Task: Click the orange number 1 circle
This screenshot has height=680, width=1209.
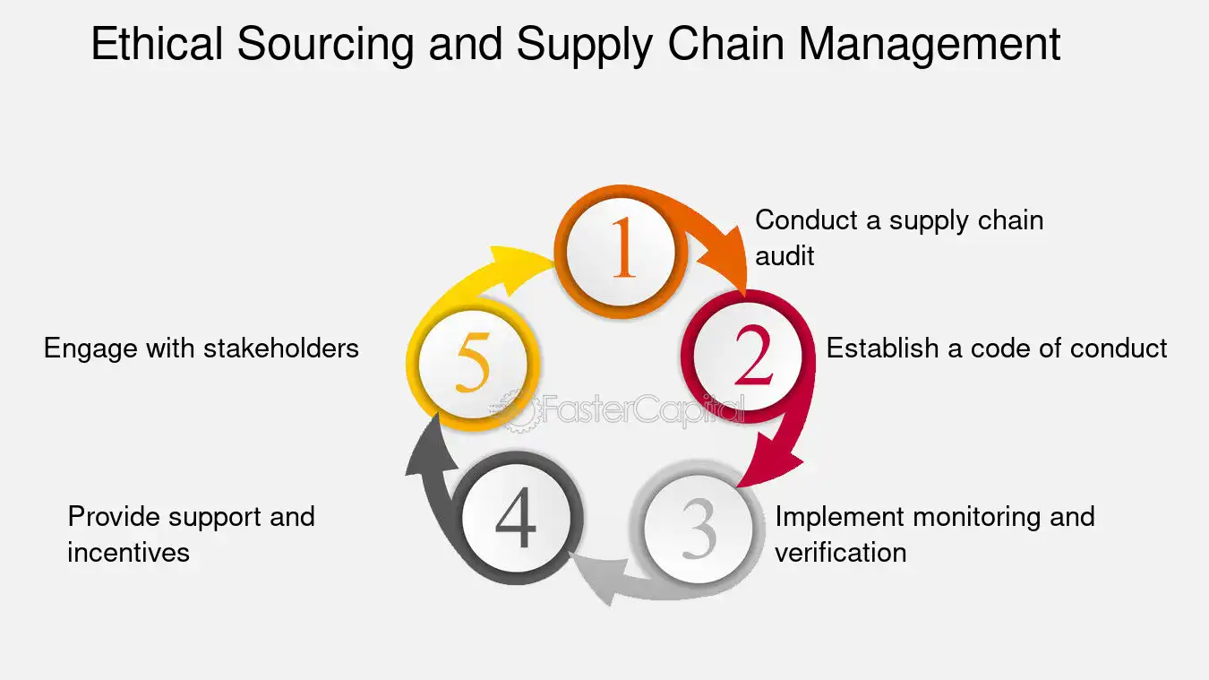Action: pyautogui.click(x=621, y=253)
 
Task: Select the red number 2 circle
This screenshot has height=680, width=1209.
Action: pyautogui.click(x=748, y=357)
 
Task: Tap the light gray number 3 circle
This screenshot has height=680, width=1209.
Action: pyautogui.click(x=699, y=528)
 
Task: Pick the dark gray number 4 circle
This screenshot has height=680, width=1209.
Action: pyautogui.click(x=517, y=518)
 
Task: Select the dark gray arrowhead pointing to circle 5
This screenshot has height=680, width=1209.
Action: pyautogui.click(x=428, y=448)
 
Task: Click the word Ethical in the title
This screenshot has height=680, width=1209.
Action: pyautogui.click(x=157, y=44)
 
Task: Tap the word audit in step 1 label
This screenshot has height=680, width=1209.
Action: pyautogui.click(x=785, y=255)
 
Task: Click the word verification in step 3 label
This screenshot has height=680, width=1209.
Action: pyautogui.click(x=841, y=552)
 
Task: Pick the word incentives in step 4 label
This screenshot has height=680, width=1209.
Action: pyautogui.click(x=128, y=552)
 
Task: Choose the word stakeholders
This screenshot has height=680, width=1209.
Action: pyautogui.click(x=281, y=348)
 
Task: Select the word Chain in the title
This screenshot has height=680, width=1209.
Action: pyautogui.click(x=725, y=44)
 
